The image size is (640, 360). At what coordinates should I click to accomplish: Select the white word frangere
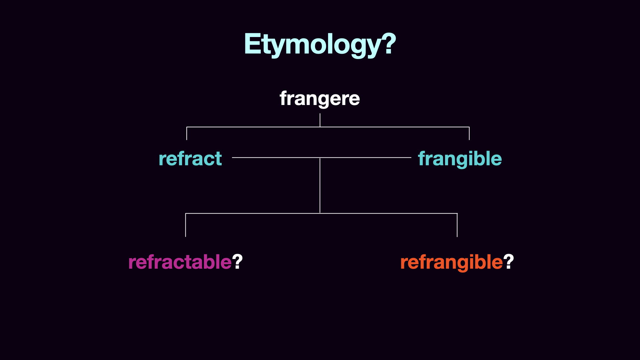pos(320,99)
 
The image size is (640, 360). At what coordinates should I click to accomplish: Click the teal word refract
pos(190,158)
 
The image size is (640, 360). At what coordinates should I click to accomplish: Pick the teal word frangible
pos(460,159)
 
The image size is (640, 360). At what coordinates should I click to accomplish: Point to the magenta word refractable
pos(180,262)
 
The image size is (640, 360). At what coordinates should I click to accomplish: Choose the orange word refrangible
pos(451,262)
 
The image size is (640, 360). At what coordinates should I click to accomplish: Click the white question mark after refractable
pos(238,261)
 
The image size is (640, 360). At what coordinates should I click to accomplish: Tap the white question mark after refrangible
pos(509,261)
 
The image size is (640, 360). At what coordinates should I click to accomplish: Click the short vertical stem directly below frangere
pos(320,120)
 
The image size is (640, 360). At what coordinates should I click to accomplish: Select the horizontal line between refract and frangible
pos(322,157)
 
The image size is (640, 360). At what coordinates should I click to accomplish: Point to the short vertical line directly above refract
pos(187,133)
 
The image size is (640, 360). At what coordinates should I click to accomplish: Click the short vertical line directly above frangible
pos(469,133)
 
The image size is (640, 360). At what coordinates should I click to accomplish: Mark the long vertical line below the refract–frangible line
pos(320,185)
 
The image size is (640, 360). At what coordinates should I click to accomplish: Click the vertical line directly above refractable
pos(186,225)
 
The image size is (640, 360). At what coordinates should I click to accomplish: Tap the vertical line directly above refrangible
pos(457,225)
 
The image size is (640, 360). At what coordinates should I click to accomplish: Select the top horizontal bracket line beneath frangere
pos(328,127)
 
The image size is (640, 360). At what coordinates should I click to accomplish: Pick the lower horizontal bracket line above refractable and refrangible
pos(321,213)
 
